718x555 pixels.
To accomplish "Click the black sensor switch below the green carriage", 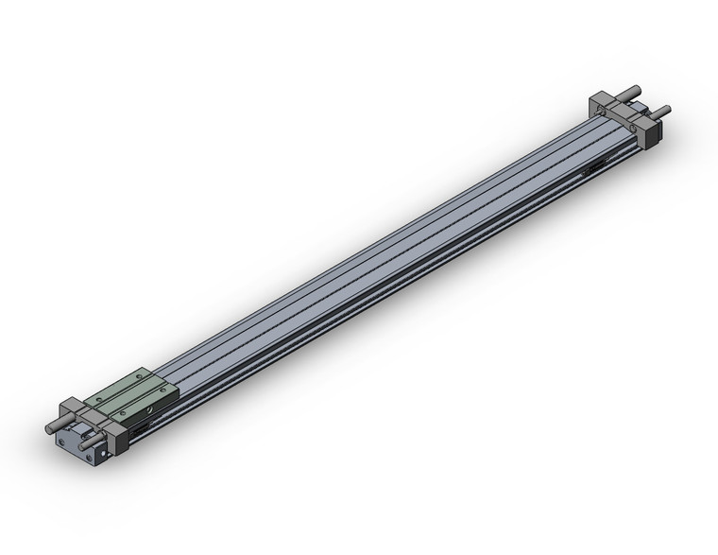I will click(140, 430).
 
